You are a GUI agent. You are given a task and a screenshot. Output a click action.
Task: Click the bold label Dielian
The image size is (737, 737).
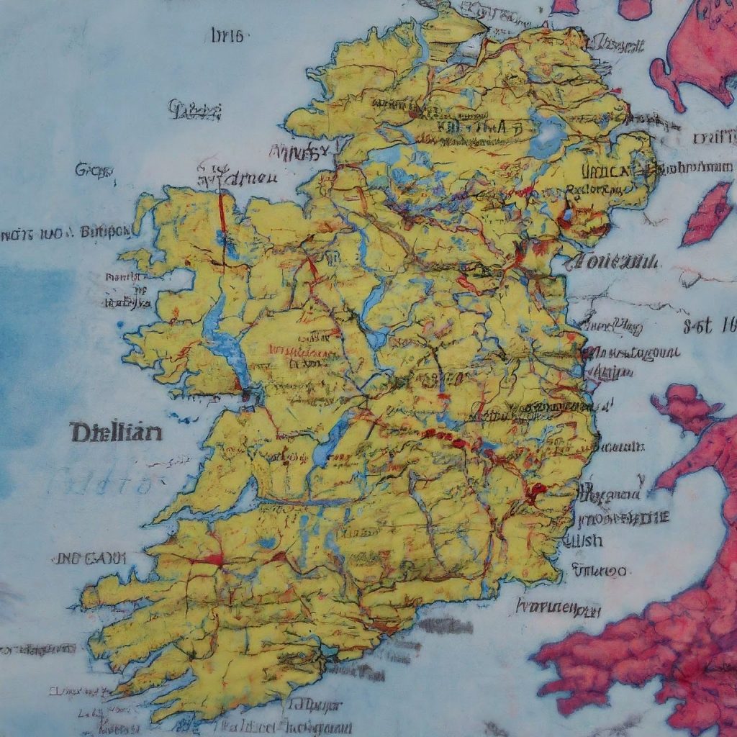click(116, 433)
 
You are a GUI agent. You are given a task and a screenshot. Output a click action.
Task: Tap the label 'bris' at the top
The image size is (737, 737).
click(229, 35)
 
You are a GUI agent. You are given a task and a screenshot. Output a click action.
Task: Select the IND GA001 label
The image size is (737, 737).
click(90, 558)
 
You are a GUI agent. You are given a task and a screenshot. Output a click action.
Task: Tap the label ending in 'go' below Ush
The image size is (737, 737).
click(599, 571)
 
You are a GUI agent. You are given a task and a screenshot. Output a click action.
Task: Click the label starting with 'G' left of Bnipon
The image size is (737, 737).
click(94, 171)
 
